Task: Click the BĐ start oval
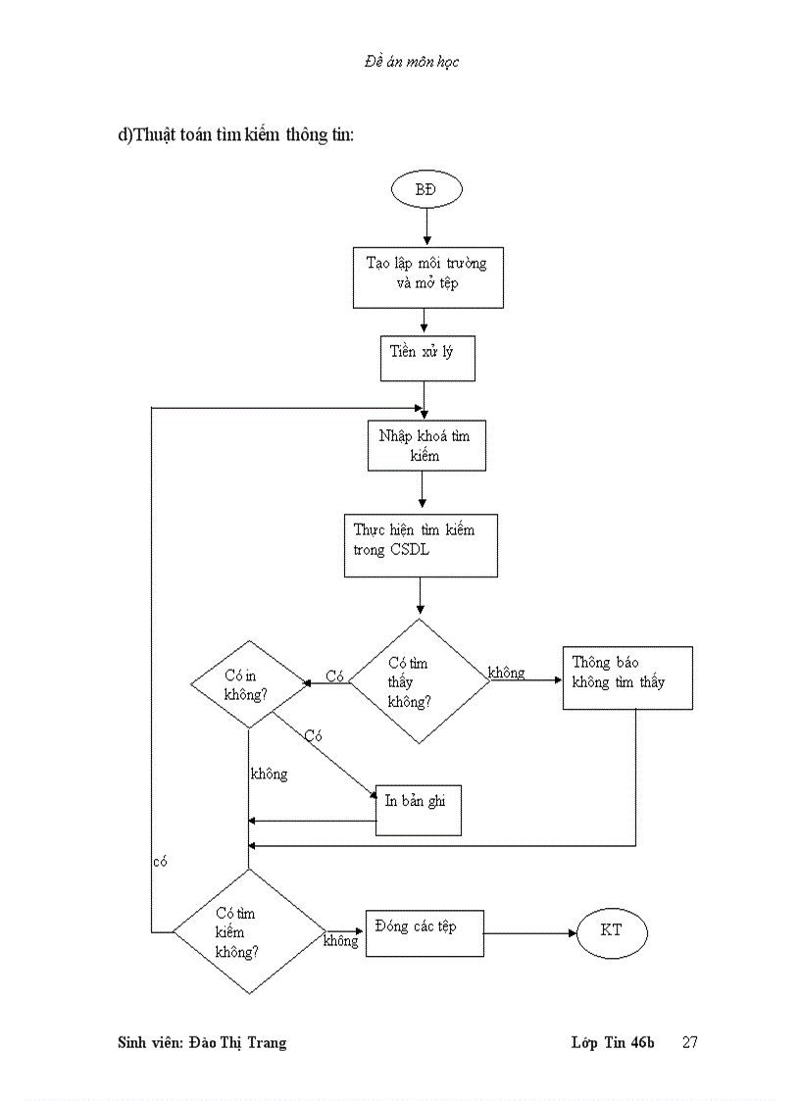[426, 189]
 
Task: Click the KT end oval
[612, 929]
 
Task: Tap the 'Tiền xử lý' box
[427, 358]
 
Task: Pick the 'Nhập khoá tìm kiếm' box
[425, 446]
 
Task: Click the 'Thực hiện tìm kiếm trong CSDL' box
[421, 545]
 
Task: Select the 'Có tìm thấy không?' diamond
[420, 681]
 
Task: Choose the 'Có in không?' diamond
[248, 683]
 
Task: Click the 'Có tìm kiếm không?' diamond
[248, 931]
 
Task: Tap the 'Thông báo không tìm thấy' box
[627, 677]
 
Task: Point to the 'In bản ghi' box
[419, 809]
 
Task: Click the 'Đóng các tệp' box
[425, 932]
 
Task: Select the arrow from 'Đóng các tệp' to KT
[529, 932]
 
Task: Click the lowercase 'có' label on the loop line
[161, 861]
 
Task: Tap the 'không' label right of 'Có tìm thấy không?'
[507, 673]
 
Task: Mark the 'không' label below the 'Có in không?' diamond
[270, 774]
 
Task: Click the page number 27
[689, 1042]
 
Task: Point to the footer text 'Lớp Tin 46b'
[613, 1042]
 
